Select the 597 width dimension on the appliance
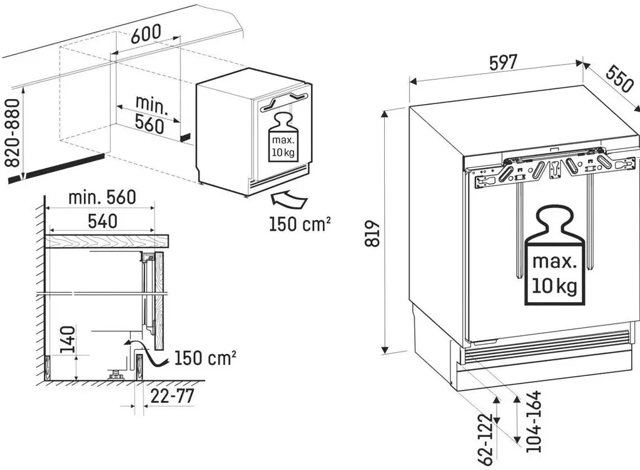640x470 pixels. [x=503, y=63]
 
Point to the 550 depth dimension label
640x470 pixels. [x=619, y=78]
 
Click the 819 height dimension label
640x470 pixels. [x=372, y=234]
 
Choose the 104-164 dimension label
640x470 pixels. [x=533, y=421]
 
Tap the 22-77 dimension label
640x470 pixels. [x=172, y=395]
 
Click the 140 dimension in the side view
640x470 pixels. [x=68, y=339]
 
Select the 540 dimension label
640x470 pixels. [x=103, y=221]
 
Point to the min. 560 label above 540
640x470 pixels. [x=102, y=197]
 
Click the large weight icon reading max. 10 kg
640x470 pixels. [x=555, y=256]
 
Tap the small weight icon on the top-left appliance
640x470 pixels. [x=283, y=138]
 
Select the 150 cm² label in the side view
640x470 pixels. [x=205, y=358]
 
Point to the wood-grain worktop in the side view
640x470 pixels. [x=107, y=241]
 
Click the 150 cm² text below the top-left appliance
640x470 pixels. [x=300, y=224]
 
